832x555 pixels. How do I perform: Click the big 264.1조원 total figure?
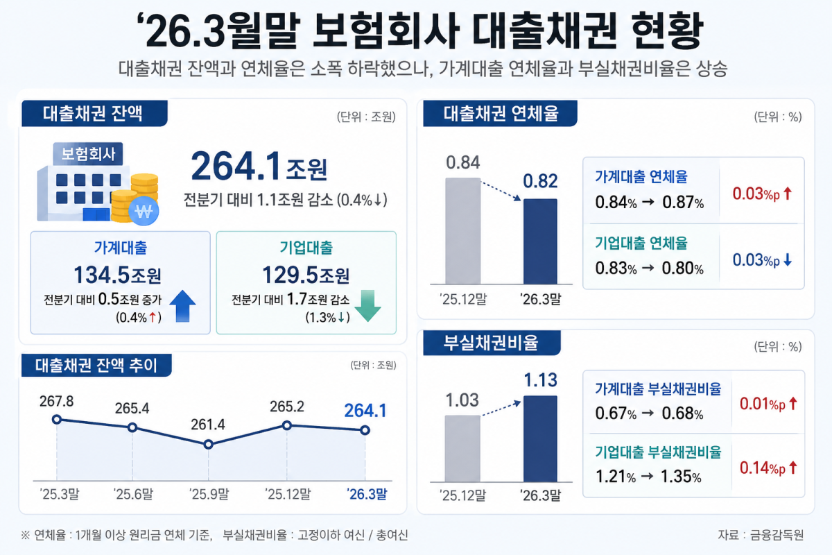click(259, 166)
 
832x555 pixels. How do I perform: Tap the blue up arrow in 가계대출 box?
click(182, 306)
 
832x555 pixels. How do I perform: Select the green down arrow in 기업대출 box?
click(367, 306)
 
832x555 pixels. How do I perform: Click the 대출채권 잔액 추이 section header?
click(96, 366)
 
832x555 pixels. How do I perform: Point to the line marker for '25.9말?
click(209, 444)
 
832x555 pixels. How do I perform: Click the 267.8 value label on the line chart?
click(56, 402)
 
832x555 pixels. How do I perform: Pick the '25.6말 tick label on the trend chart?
click(133, 494)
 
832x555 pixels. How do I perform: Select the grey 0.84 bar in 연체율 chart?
click(463, 231)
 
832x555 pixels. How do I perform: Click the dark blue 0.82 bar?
click(540, 241)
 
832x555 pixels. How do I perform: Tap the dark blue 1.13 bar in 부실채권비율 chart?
click(540, 439)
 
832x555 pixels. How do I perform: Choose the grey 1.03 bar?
click(462, 449)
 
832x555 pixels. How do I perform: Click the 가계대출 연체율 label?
click(641, 177)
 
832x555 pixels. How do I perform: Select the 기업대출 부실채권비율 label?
click(658, 452)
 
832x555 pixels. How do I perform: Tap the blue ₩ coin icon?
click(144, 211)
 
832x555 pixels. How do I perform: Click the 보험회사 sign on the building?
click(88, 154)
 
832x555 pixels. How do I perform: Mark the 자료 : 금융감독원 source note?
click(761, 535)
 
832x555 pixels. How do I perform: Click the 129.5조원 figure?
click(306, 275)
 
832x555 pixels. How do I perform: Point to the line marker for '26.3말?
click(365, 430)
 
